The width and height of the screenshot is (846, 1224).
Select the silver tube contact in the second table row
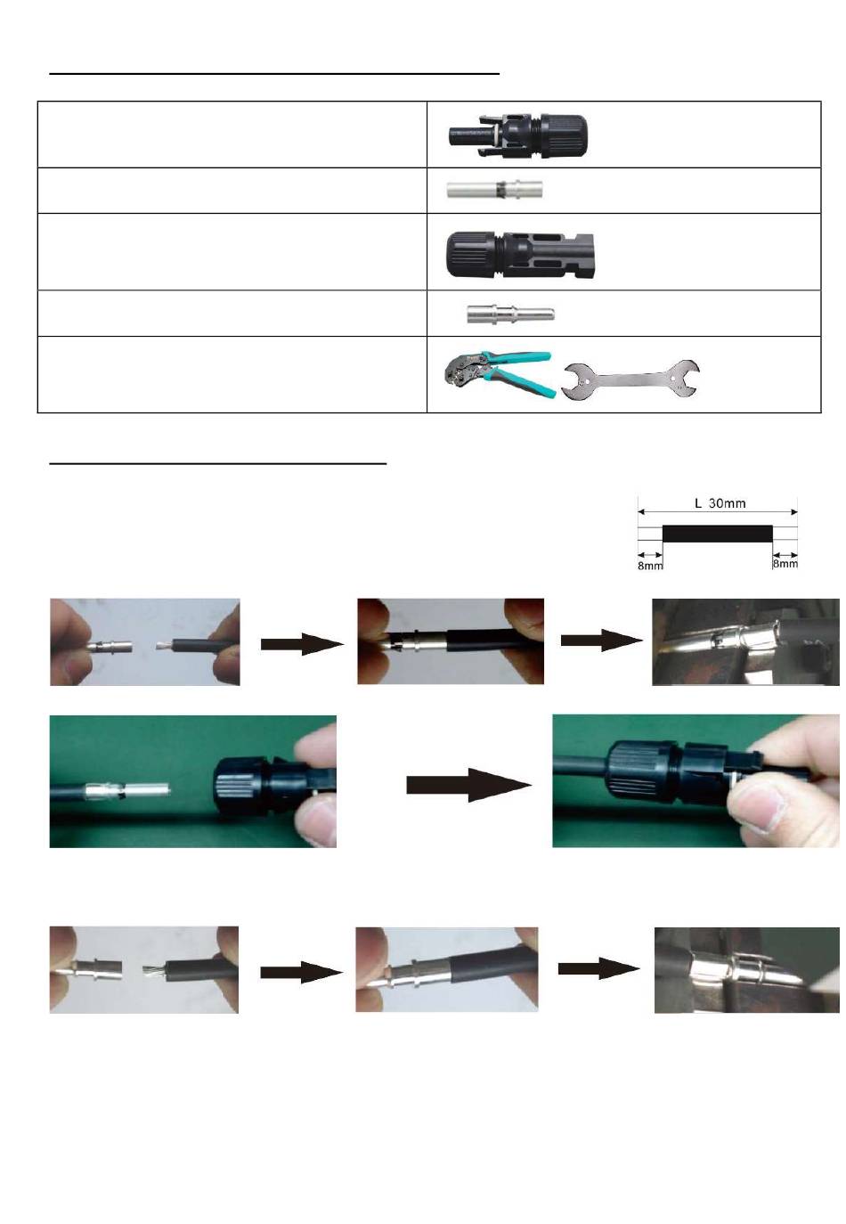494,191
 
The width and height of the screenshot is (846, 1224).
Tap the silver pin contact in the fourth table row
509,314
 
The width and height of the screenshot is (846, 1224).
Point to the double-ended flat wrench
632,379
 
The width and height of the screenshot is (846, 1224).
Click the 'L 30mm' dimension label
720,503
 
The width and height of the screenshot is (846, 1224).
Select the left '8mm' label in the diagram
650,566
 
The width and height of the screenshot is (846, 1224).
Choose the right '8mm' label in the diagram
785,564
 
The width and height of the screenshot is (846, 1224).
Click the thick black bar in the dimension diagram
717,534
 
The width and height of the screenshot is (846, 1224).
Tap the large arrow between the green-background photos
468,785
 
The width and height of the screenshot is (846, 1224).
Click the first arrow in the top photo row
302,643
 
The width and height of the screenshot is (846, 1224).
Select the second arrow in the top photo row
601,641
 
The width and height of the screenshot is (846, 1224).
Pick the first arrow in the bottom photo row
301,972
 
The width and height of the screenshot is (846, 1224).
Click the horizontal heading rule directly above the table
275,74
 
